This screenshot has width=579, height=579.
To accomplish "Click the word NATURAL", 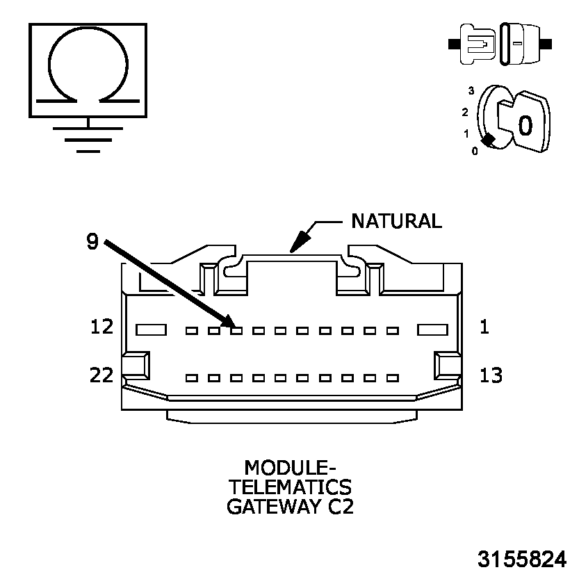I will coord(396,221).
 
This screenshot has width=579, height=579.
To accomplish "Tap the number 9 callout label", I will coord(92,241).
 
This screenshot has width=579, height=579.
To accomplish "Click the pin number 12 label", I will coord(101,326).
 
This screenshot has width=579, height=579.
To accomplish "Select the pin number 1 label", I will coord(484,326).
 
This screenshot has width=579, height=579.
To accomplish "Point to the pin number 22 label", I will coord(101,375).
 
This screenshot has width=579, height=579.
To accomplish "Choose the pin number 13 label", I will coord(491,375).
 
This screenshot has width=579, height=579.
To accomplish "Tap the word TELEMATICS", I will coord(290,485).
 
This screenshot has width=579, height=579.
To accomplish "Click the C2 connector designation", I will coord(341,506).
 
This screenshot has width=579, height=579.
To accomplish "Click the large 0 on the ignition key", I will coord(525,125).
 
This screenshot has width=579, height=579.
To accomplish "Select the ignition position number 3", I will coord(471,91).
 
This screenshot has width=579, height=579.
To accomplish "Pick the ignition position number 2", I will coord(464,112).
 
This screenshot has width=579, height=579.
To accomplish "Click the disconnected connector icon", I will coord(500,44).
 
